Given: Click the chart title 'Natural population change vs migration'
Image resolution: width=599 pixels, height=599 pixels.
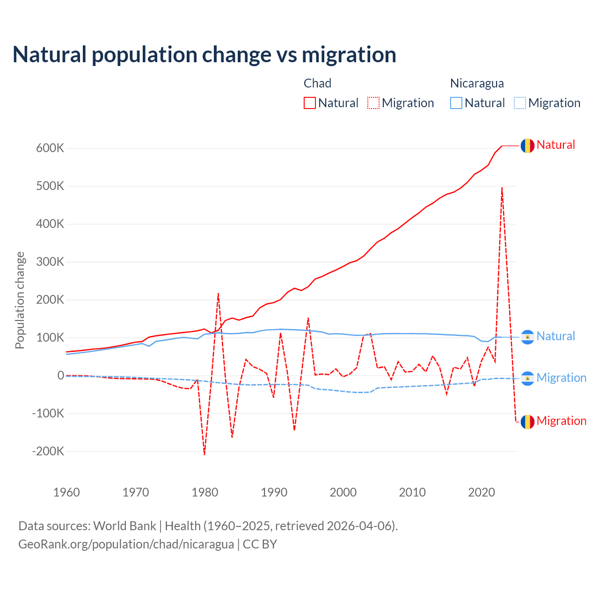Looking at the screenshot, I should pos(205,55).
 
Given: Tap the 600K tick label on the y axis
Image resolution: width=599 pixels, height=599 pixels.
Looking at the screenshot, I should pos(50,148).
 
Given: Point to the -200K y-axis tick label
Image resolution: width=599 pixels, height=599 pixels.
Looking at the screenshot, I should pos(48,452).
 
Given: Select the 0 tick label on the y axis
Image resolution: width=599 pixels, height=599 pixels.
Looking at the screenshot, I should pos(60,376).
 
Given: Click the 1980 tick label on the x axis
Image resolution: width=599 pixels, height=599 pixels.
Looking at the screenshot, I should pos(205,492).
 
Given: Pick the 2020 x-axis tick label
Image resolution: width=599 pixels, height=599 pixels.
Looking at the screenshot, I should pos(482,492).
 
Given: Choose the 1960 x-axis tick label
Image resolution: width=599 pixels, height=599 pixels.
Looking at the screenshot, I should pos(67,492).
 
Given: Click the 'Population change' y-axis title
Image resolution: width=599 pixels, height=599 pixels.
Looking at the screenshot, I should pos(20,300).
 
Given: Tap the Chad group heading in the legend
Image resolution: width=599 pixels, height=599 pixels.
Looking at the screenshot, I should pos(317,83).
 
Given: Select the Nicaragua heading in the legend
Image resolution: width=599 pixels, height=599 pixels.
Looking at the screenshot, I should pos(477,83).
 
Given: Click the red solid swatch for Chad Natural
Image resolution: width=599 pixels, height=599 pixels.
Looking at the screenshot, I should pos(310,103).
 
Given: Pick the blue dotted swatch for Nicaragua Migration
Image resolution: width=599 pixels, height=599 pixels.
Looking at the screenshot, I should pos(520,103).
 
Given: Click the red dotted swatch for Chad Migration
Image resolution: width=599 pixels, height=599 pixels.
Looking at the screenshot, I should pos(373,103).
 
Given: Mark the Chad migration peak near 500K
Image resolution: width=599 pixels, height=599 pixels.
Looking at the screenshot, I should pos(502,188).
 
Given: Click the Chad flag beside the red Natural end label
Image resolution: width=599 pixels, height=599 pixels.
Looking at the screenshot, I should pos(527,146).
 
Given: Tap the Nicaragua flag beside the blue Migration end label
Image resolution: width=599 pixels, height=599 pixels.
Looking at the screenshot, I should pos(527,378).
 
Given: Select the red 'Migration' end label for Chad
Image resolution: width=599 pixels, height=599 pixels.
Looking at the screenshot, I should pos(561,421).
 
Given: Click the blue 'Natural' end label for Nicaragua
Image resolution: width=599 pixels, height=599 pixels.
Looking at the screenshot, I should pos(555,336).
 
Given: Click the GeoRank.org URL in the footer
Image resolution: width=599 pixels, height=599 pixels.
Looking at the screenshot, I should pos(126,544).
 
